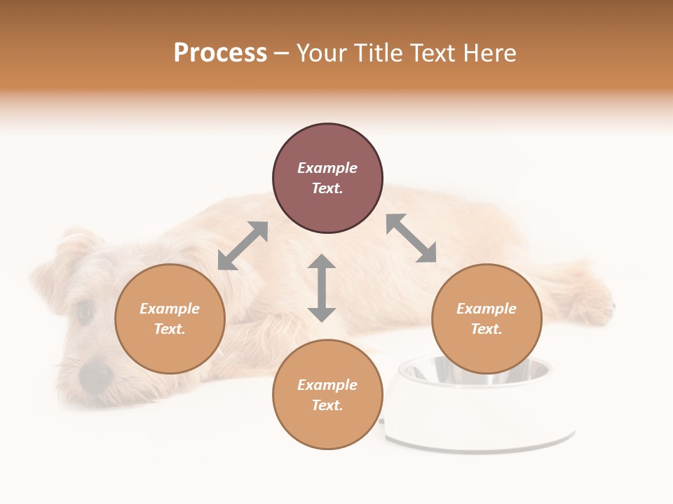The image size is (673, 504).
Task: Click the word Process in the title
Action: pos(220,53)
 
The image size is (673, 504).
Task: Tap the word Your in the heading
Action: pos(320,53)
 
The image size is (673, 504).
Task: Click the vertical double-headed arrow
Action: pos(322,288)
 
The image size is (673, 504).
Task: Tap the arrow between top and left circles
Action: pos(243,246)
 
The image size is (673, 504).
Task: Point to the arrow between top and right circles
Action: pos(411,238)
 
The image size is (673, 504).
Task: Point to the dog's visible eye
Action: pos(86,312)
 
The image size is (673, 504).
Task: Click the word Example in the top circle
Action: pos(327,168)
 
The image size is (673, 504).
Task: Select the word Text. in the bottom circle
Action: pos(327,405)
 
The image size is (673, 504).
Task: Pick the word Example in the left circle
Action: pos(170,309)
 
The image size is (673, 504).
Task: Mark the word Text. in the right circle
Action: pos(487,329)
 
